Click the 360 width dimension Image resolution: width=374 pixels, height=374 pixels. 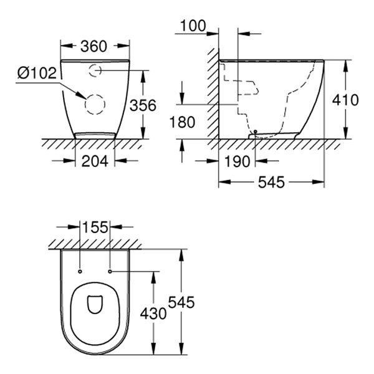click(93, 47)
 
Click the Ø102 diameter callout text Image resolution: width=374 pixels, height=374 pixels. click(37, 73)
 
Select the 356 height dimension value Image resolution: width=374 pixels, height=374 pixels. click(143, 105)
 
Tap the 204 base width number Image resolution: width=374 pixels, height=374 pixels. click(95, 161)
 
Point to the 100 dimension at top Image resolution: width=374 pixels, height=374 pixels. click(193, 26)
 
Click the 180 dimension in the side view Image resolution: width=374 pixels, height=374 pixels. click(182, 122)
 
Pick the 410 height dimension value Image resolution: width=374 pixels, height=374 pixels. click(345, 100)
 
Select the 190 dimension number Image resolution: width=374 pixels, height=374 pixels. click(237, 161)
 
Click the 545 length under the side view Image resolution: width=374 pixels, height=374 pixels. click(271, 182)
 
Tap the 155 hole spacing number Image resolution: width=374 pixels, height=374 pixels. click(95, 227)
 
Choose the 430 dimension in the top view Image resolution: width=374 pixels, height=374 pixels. click(153, 314)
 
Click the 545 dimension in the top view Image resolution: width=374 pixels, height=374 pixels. click(181, 302)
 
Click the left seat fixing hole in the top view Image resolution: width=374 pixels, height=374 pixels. click(80, 271)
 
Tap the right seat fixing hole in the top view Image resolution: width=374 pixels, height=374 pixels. click(110, 271)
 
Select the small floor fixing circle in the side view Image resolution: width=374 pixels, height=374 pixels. click(256, 132)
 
